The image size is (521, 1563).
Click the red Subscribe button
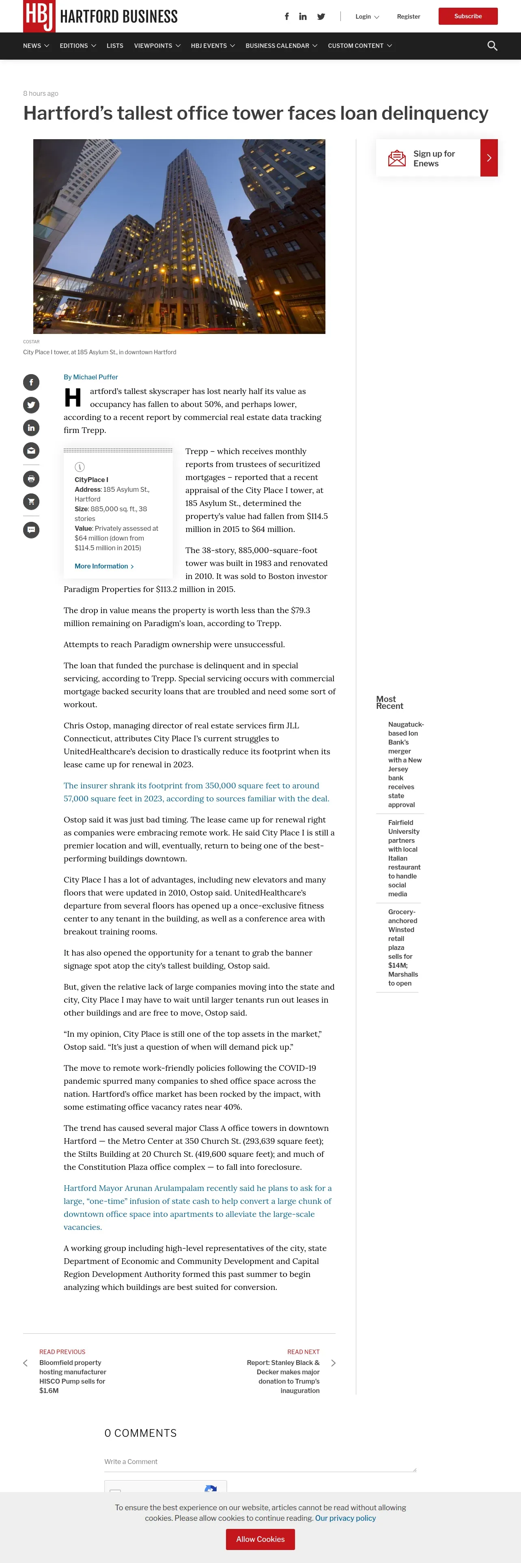pyautogui.click(x=467, y=16)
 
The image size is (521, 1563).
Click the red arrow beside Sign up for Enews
pyautogui.click(x=489, y=158)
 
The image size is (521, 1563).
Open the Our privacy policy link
pyautogui.click(x=345, y=1518)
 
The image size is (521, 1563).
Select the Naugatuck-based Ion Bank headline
pyautogui.click(x=405, y=764)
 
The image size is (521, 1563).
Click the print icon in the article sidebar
pyautogui.click(x=31, y=479)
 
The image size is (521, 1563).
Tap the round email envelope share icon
pyautogui.click(x=31, y=450)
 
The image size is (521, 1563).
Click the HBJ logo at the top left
pyautogui.click(x=39, y=16)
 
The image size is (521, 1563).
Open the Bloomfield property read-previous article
pyautogui.click(x=72, y=1376)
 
